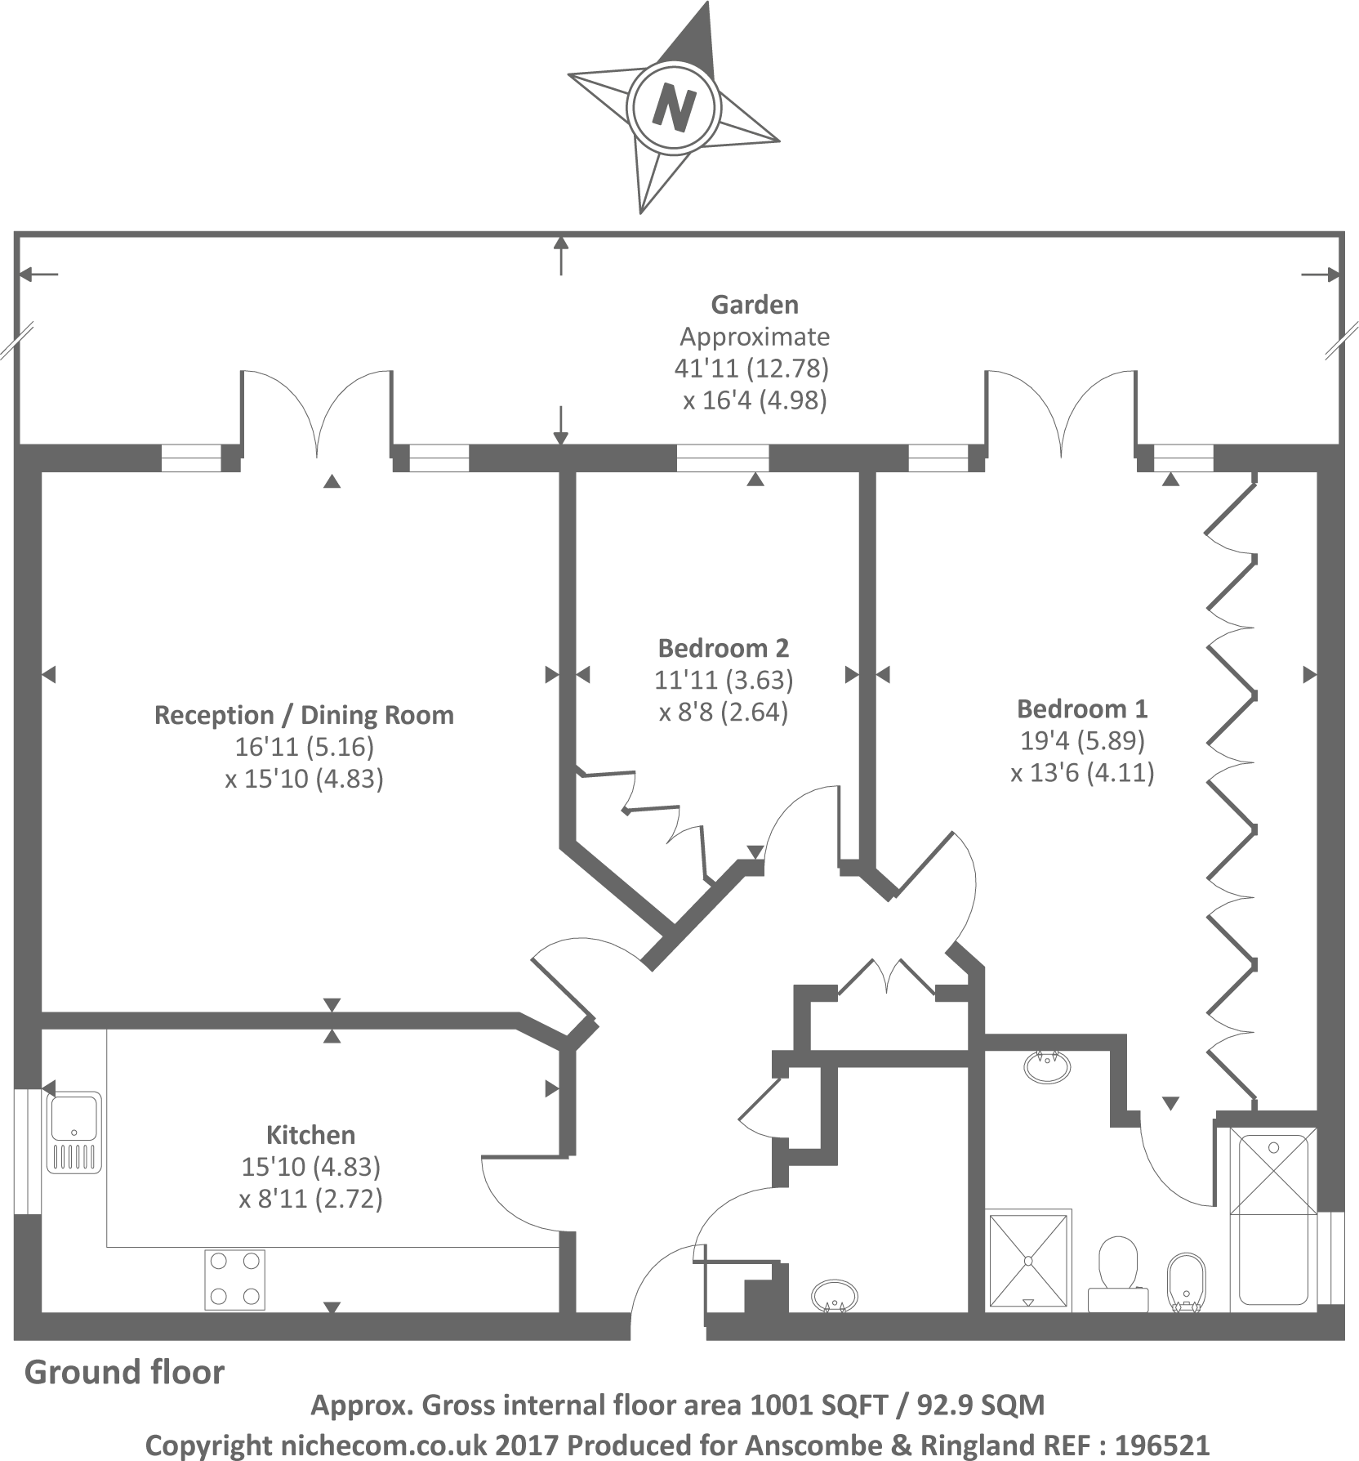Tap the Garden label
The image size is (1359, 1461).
(x=755, y=305)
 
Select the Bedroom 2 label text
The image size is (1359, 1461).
(x=724, y=648)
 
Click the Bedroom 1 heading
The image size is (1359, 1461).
(x=1082, y=708)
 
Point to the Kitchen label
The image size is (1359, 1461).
(x=310, y=1135)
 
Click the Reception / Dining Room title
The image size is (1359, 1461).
(x=304, y=715)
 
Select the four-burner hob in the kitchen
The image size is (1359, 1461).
(x=235, y=1279)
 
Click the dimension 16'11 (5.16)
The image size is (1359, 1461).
(x=304, y=747)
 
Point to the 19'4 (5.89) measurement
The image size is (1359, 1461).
(x=1082, y=740)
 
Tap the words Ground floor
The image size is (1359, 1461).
(x=124, y=1372)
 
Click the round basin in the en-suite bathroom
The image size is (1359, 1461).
(x=1046, y=1067)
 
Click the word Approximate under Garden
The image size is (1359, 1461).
(x=755, y=337)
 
